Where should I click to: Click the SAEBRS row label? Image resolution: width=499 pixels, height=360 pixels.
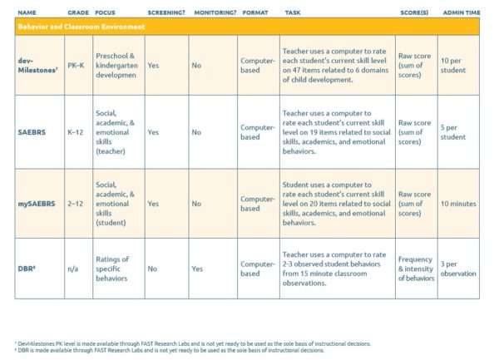[x=32, y=131]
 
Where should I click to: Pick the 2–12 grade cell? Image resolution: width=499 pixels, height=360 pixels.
[x=77, y=204]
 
